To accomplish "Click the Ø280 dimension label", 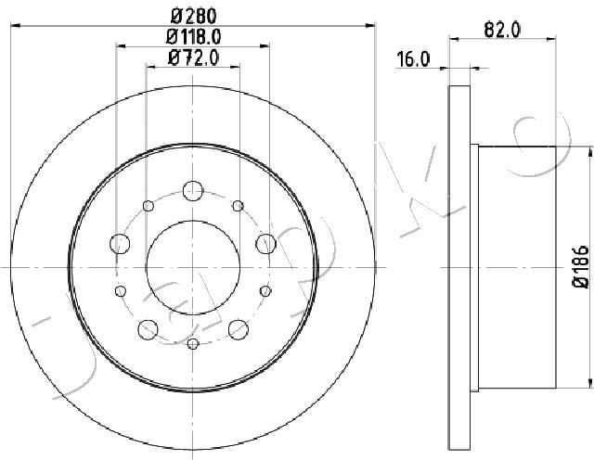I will click(x=193, y=14).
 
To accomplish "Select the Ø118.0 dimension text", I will click(x=194, y=37).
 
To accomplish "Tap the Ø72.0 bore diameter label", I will click(x=193, y=58).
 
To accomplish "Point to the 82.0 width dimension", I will click(x=502, y=29).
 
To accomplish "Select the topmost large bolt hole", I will click(x=193, y=190).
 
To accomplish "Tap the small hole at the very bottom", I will click(x=193, y=344).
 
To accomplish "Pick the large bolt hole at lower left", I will click(x=148, y=327).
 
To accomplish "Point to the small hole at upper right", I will click(x=239, y=206).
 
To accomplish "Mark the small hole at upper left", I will click(x=148, y=206).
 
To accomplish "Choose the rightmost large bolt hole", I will click(x=266, y=244).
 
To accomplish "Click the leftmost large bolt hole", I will click(x=120, y=244).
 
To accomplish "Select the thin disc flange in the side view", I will click(x=460, y=269).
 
